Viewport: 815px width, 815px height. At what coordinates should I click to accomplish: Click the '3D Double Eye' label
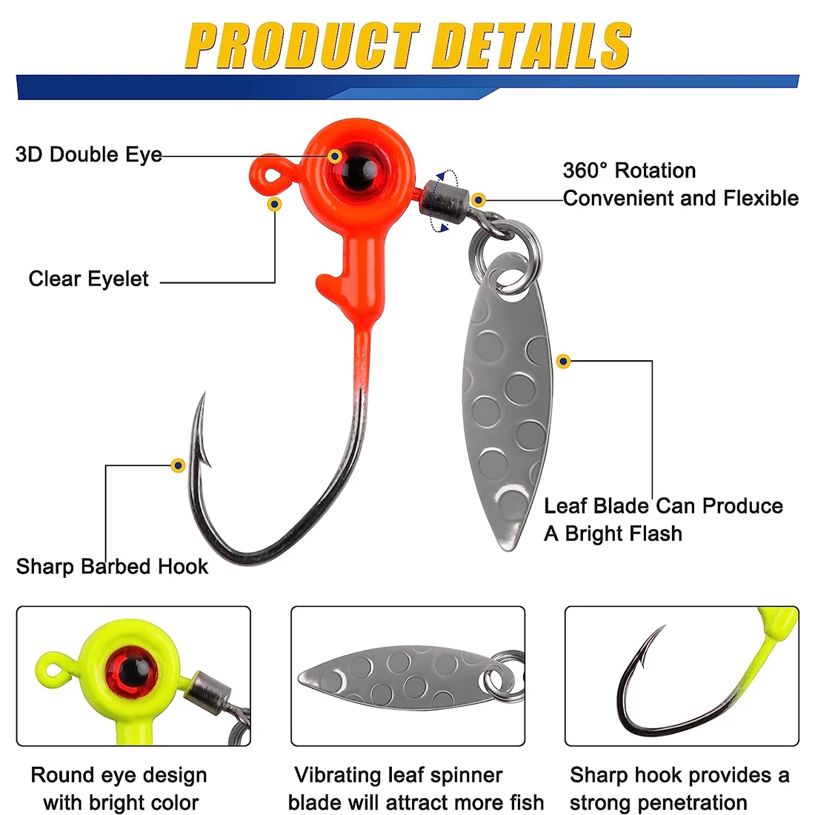coord(88,155)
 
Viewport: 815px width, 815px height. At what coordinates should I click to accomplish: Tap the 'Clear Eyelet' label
coord(88,279)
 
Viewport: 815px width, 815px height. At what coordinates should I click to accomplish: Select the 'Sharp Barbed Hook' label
coord(112,567)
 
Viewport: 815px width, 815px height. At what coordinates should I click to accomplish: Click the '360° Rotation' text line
coord(629,171)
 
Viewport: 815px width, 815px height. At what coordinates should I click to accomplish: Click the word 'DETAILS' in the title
coord(531,46)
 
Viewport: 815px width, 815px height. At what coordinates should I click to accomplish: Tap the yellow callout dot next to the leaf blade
coord(564,362)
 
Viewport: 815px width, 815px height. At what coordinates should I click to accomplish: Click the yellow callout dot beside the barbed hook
coord(178,465)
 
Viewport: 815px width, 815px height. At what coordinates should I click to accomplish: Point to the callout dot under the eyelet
coord(275,203)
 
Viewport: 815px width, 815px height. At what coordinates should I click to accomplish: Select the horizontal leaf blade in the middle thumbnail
coord(393,676)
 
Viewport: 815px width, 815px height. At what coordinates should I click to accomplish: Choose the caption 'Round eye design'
coord(119,776)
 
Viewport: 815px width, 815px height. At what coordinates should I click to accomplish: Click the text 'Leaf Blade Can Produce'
coord(663,506)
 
